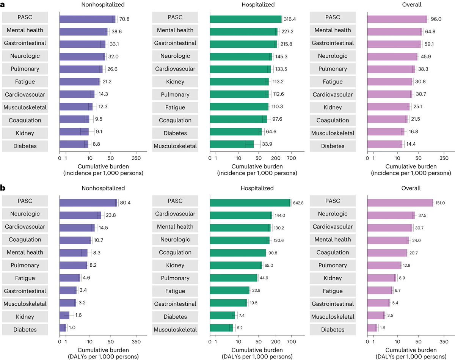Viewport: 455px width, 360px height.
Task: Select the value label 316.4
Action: pyautogui.click(x=291, y=17)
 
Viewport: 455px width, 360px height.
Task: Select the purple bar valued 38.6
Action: pyautogui.click(x=83, y=30)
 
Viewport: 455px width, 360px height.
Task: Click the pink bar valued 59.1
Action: pyautogui.click(x=394, y=43)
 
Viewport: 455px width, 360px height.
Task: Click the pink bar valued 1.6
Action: pyautogui.click(x=372, y=330)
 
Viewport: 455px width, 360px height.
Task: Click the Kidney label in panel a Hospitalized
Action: pyautogui.click(x=175, y=82)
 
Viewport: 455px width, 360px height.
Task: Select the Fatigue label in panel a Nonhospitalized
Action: pyautogui.click(x=25, y=82)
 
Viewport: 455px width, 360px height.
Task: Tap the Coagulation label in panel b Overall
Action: pyautogui.click(x=333, y=252)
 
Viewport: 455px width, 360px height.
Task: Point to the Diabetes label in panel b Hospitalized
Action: pyautogui.click(x=175, y=317)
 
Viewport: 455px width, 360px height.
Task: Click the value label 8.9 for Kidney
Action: pyautogui.click(x=404, y=278)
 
